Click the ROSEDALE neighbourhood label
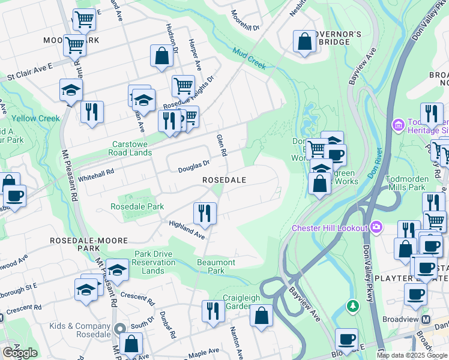(224, 180)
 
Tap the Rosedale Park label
(137, 207)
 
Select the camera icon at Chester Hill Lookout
(376, 227)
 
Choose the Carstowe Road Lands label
(141, 148)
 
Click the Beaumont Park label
(216, 266)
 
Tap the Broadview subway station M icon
(426, 319)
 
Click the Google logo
(20, 353)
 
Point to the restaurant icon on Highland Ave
(205, 213)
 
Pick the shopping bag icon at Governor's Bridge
(304, 41)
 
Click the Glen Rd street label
(221, 146)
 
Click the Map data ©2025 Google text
(411, 355)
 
